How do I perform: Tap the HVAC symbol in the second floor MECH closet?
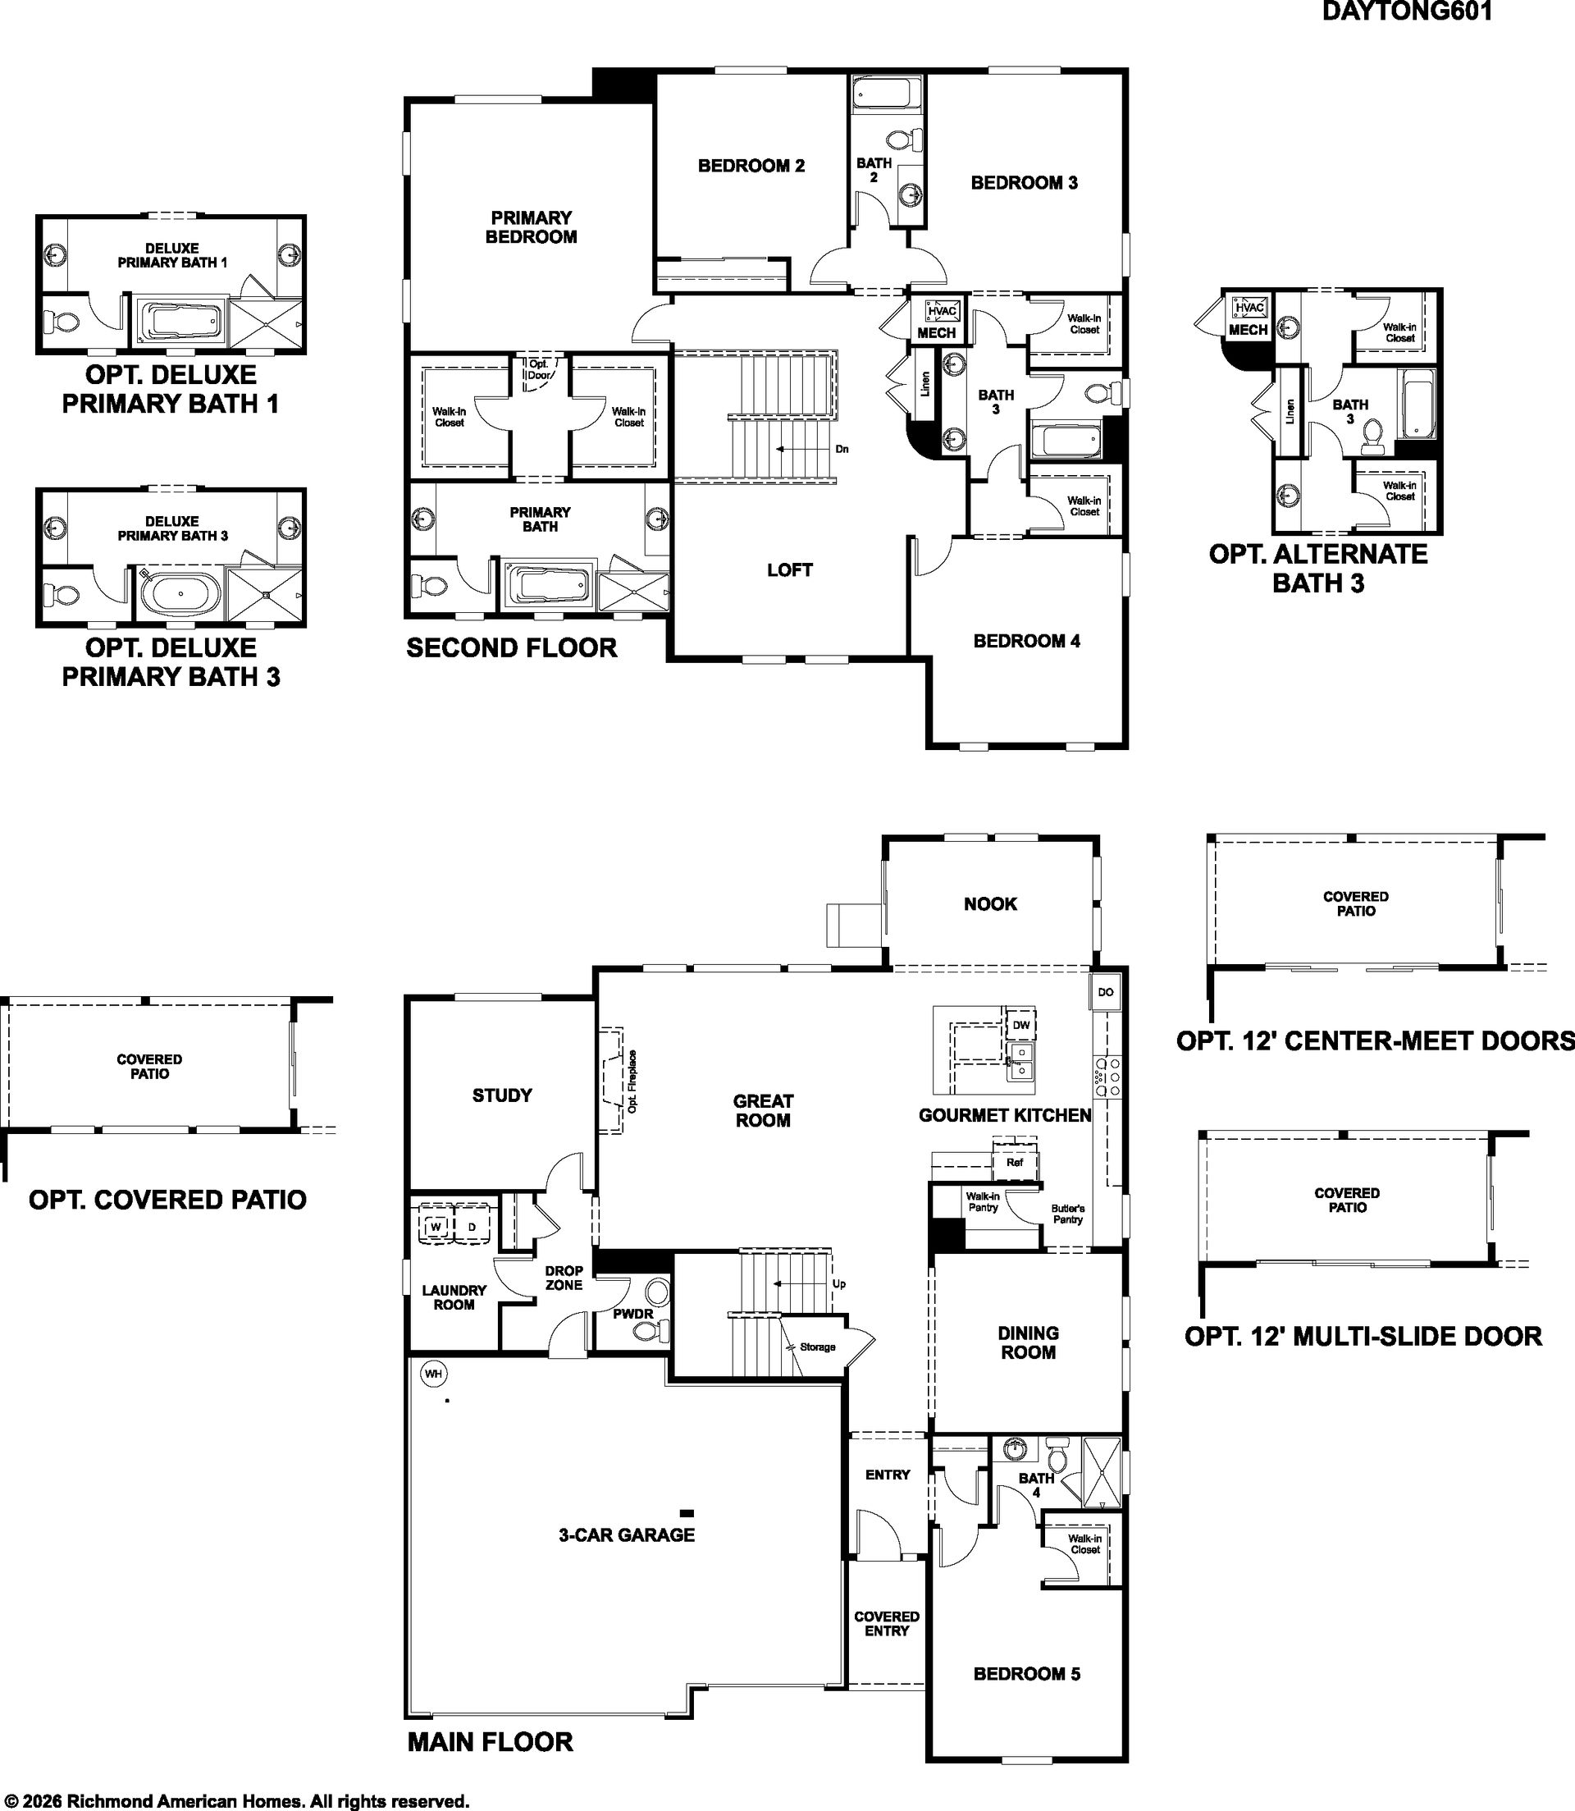pos(943,310)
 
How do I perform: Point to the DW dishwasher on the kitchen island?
pos(1020,1025)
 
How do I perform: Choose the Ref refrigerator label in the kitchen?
pos(1014,1162)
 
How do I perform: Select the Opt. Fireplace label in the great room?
pos(632,1082)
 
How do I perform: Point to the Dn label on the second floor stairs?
pos(841,449)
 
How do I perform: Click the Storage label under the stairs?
pos(817,1347)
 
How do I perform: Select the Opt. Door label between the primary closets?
pos(539,369)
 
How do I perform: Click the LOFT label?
pos(789,569)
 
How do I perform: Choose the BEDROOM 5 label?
pos(1026,1674)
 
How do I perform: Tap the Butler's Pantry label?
pos(1068,1214)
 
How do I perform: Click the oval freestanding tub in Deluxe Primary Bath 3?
pos(181,594)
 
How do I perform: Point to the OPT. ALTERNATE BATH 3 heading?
pos(1318,568)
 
